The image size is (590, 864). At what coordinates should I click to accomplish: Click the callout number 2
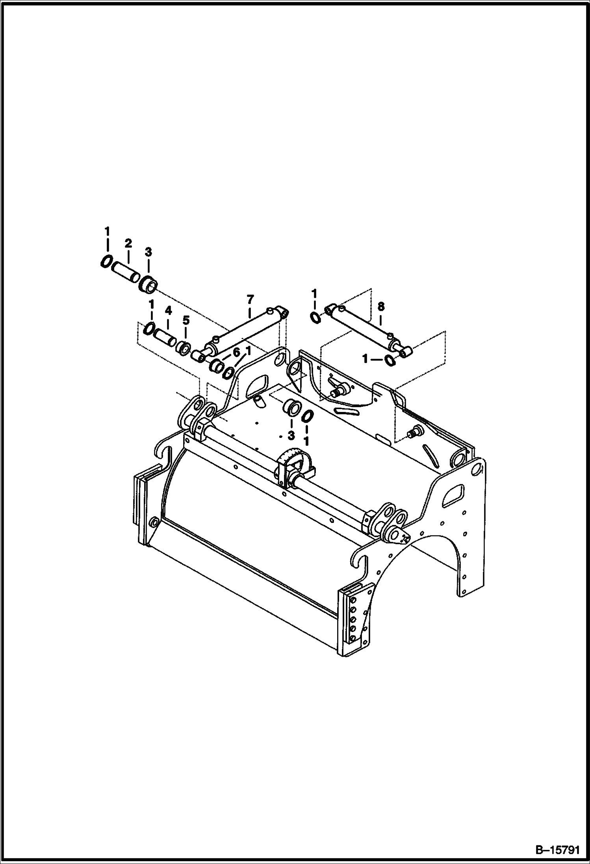[128, 243]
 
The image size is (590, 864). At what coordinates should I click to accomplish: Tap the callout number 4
[168, 311]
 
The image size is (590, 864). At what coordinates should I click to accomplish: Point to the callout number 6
[236, 352]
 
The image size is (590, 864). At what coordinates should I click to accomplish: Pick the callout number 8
[380, 306]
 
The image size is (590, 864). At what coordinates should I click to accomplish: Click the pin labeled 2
[126, 272]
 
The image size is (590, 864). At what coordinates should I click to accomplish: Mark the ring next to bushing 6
[229, 372]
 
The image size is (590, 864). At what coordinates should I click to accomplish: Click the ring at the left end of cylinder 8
[316, 318]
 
